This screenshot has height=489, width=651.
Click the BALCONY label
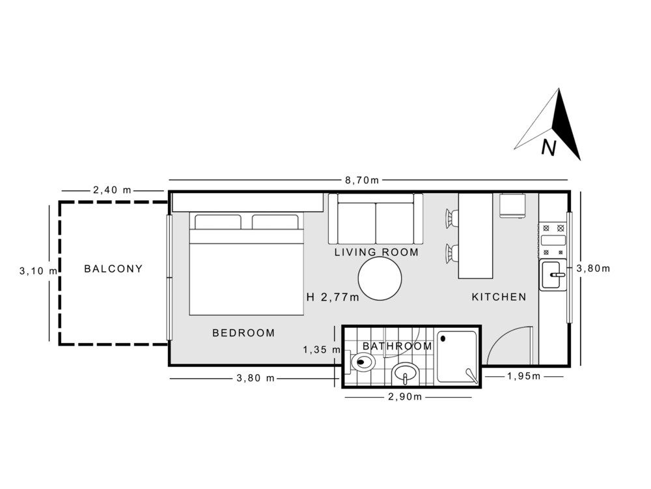click(x=113, y=269)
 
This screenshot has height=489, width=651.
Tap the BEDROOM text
click(x=243, y=333)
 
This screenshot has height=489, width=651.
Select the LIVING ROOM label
click(x=376, y=252)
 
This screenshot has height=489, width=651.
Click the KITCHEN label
click(x=499, y=297)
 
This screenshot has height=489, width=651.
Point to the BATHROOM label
click(x=397, y=346)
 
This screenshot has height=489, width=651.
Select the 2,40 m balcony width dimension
click(x=112, y=190)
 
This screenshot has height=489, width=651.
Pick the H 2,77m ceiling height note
click(x=333, y=297)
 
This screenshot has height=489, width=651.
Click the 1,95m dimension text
click(x=523, y=376)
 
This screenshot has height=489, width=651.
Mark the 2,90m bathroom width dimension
click(x=405, y=397)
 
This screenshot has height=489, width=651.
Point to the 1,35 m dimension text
click(x=322, y=350)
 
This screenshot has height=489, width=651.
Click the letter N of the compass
click(x=549, y=149)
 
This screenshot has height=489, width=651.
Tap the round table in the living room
click(x=380, y=278)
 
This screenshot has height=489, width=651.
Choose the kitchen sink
click(x=553, y=274)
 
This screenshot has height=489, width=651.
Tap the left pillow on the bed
click(x=217, y=222)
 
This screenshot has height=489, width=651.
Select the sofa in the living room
click(x=376, y=219)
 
